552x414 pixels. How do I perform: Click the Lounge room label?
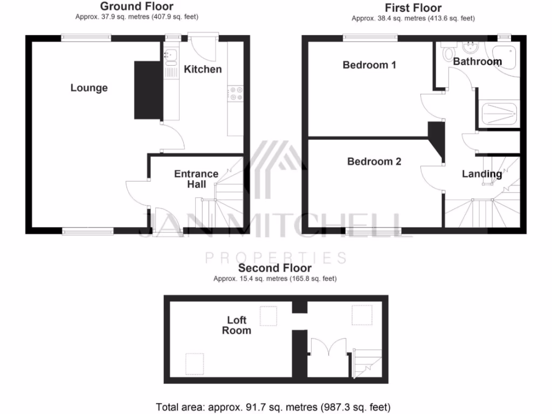coord(89,88)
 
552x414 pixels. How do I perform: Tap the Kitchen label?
coord(203,69)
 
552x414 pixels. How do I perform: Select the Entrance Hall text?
coord(196,178)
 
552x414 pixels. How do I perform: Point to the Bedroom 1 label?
coord(369,65)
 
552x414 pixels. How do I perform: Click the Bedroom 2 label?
coord(374,161)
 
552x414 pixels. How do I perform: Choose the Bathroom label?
coord(477,61)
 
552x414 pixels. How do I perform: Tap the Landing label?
coord(482,174)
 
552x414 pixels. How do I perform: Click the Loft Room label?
coord(237,325)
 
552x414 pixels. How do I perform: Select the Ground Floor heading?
coord(137,6)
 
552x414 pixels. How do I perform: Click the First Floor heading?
coord(413,8)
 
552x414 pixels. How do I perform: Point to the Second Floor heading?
coord(275,268)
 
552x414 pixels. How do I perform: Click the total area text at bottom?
coord(273,407)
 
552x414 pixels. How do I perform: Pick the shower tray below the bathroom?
coord(498,114)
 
